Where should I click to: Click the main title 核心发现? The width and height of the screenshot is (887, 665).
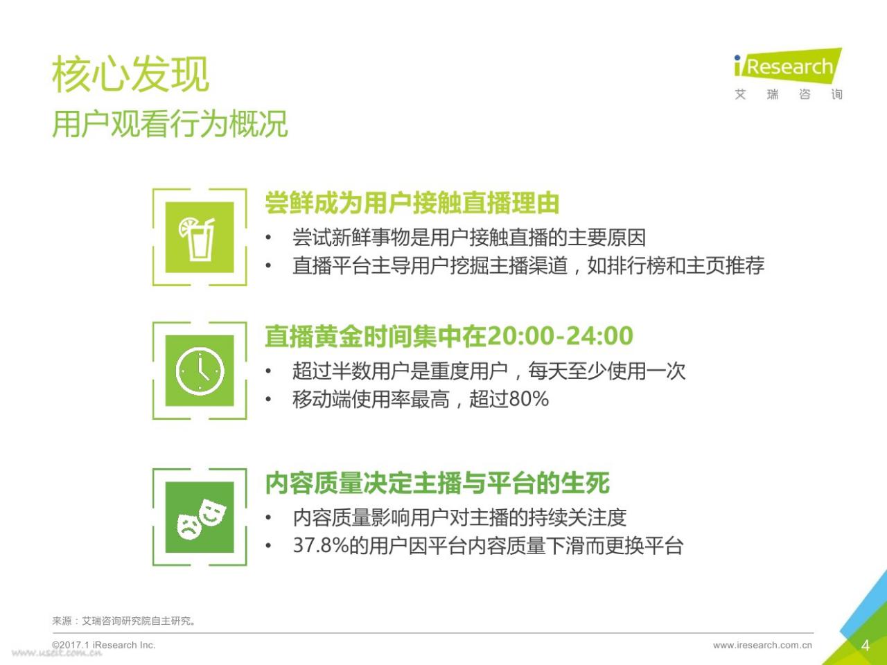[x=130, y=74]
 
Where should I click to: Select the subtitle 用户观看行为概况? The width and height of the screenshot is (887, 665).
[x=170, y=123]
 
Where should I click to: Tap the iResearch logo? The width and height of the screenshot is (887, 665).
[x=788, y=74]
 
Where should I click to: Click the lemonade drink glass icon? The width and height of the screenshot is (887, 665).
[x=197, y=239]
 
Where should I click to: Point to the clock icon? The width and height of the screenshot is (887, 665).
[x=200, y=371]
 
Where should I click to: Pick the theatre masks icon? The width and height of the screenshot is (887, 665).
[x=202, y=519]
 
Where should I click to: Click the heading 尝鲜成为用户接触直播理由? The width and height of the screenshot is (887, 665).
[x=412, y=203]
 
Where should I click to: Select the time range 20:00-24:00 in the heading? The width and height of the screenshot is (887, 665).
[x=560, y=336]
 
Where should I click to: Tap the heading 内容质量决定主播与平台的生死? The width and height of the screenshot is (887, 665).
[x=437, y=483]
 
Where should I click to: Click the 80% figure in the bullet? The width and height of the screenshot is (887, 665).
[x=529, y=399]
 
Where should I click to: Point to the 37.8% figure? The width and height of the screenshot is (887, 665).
[x=321, y=545]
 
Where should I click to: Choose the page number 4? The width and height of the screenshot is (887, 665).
[x=866, y=645]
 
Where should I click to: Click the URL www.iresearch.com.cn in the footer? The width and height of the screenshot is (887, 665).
[x=762, y=645]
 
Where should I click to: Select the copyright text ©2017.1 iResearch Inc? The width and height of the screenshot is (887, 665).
[x=104, y=645]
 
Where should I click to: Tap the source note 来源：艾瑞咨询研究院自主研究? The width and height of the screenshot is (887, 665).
[x=123, y=621]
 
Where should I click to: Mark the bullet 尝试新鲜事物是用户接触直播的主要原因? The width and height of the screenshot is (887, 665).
[x=468, y=238]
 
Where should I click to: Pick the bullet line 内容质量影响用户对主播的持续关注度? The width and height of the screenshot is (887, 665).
[x=459, y=517]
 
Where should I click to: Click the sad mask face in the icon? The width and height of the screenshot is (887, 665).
[x=189, y=526]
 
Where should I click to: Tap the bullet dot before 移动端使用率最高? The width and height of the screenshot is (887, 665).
[x=268, y=399]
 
